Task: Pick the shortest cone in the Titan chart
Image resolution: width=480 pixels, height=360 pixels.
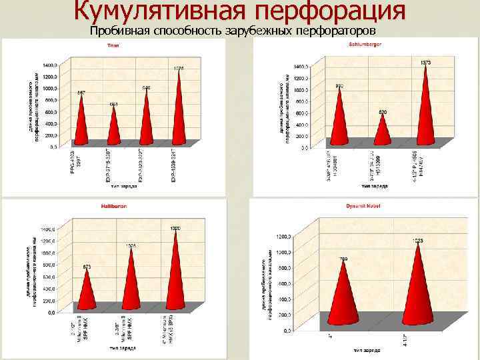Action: [113, 127]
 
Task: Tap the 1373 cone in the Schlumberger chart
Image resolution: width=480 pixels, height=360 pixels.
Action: [425, 107]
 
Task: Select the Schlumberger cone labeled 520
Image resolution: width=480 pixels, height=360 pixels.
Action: [383, 130]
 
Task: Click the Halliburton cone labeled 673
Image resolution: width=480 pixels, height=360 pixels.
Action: [87, 290]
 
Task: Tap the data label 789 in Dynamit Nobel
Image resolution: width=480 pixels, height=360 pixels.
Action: [343, 258]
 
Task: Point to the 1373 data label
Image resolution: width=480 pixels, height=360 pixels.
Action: [426, 62]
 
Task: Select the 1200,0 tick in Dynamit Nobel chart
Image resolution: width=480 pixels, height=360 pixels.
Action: [283, 236]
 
